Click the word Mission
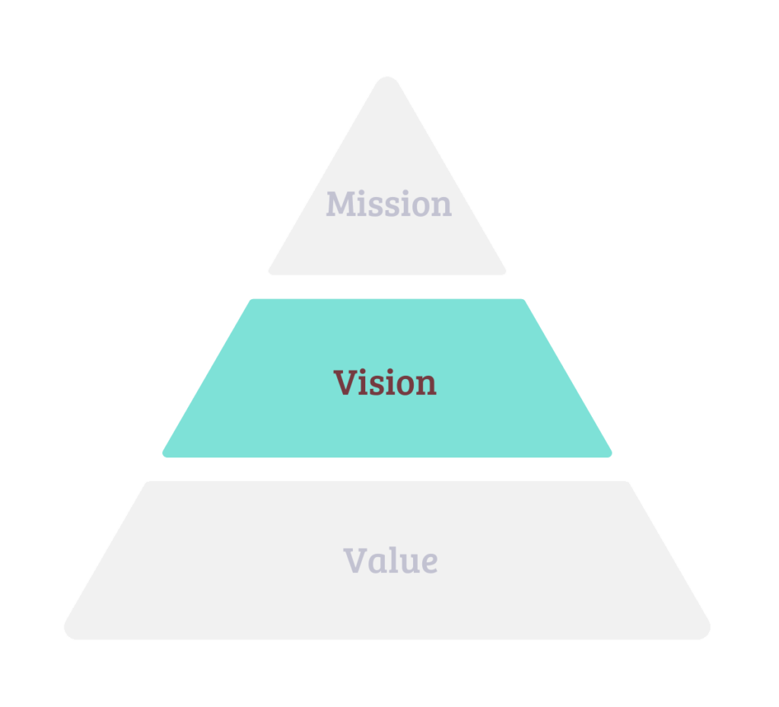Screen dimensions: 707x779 point(389,204)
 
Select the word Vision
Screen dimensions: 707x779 point(385,382)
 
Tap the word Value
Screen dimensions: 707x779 point(390,561)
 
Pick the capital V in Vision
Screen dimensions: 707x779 point(345,382)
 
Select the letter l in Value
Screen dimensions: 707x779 point(394,560)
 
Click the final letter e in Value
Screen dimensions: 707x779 point(428,564)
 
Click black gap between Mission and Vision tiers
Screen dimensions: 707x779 point(387,287)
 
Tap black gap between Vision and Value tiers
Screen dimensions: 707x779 point(387,469)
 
